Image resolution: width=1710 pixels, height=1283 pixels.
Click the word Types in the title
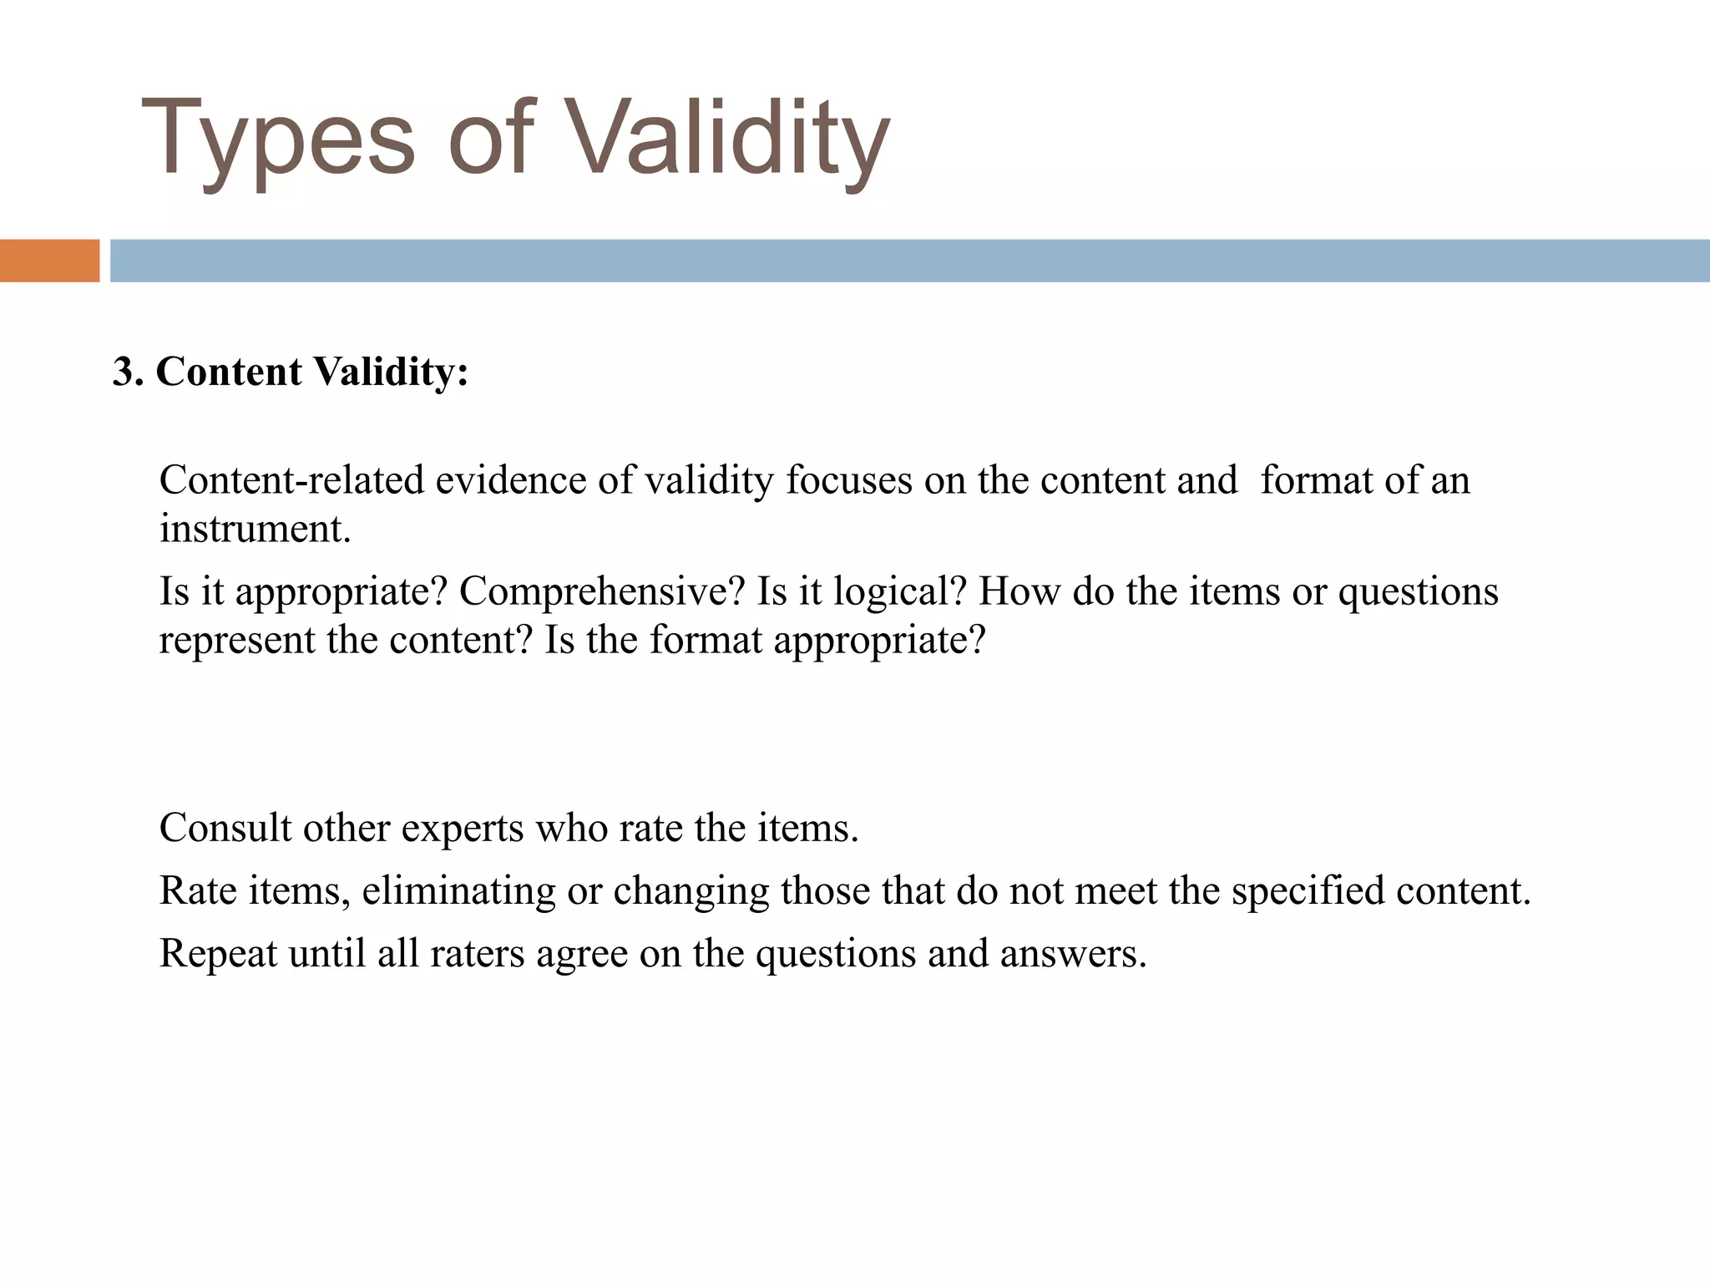click(277, 139)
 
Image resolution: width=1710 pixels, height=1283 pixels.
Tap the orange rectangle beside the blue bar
click(49, 261)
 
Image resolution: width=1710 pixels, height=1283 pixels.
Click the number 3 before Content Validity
click(124, 372)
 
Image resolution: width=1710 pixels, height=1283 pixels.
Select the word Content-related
click(291, 480)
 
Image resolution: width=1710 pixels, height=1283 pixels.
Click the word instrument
click(255, 529)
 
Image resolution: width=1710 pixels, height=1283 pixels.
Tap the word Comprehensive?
click(601, 592)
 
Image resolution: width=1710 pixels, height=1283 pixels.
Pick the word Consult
click(225, 828)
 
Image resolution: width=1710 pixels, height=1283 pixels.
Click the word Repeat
click(218, 954)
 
